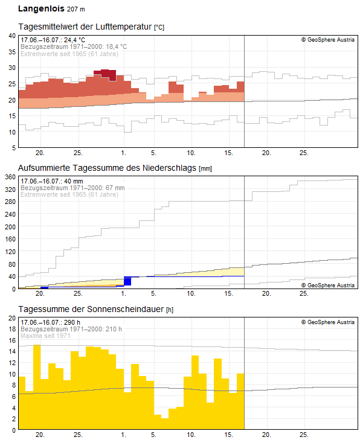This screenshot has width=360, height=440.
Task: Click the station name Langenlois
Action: click(x=41, y=8)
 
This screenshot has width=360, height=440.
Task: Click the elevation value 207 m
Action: click(x=76, y=9)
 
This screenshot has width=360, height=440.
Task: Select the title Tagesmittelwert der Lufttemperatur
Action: click(x=85, y=27)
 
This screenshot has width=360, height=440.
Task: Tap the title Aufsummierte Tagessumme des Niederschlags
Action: click(x=107, y=168)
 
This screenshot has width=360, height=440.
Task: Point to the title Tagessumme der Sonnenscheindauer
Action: click(x=91, y=309)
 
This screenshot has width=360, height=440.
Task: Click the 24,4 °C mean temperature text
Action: click(x=74, y=40)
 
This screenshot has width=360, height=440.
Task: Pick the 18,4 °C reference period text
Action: click(x=116, y=46)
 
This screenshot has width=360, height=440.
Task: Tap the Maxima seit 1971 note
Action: click(x=45, y=336)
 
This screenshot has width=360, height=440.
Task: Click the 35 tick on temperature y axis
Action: click(x=12, y=52)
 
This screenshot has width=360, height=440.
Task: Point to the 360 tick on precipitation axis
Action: click(x=10, y=177)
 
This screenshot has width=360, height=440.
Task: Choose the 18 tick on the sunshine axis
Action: click(x=12, y=329)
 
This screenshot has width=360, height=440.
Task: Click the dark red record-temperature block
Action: click(x=104, y=74)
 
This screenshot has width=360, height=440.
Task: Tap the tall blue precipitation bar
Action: click(x=127, y=281)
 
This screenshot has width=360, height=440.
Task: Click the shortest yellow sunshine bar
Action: click(x=165, y=424)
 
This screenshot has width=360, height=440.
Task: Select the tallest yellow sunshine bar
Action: click(x=37, y=387)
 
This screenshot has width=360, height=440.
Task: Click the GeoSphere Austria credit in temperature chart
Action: click(x=328, y=40)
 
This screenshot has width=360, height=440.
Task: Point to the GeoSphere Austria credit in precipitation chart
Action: click(x=328, y=285)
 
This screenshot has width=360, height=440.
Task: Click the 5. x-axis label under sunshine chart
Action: click(x=153, y=435)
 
